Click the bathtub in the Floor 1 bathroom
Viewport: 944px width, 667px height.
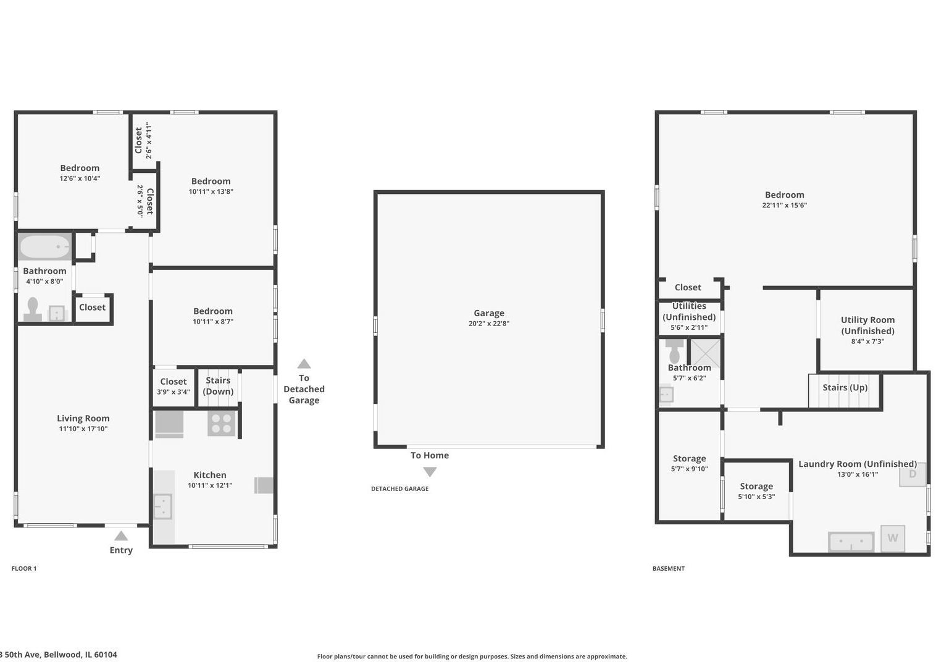click(x=44, y=246)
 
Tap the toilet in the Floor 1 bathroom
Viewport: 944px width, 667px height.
click(x=33, y=309)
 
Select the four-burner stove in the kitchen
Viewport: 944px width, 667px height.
click(x=221, y=423)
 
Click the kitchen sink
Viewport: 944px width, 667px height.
click(x=162, y=506)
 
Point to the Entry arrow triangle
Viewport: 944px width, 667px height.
click(x=121, y=536)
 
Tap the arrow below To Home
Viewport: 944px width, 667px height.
click(x=430, y=472)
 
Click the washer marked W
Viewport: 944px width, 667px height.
click(x=893, y=538)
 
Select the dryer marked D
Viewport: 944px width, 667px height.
click(x=913, y=474)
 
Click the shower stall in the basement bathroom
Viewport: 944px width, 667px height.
click(x=705, y=353)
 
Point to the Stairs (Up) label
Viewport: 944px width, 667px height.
click(x=845, y=387)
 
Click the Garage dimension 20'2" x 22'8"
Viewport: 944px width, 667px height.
click(x=489, y=324)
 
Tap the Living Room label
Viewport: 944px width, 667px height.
click(x=83, y=418)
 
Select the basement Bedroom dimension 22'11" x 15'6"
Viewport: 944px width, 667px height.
click(x=784, y=205)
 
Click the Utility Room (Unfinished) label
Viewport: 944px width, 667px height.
click(x=867, y=325)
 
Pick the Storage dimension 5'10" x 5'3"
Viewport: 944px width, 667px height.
click(x=756, y=497)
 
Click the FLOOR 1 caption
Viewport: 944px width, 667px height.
click(x=24, y=568)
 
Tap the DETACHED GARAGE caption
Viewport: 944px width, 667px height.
click(x=399, y=489)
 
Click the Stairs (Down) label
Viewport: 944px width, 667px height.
click(x=218, y=386)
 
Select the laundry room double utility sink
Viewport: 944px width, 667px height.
click(x=851, y=542)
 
